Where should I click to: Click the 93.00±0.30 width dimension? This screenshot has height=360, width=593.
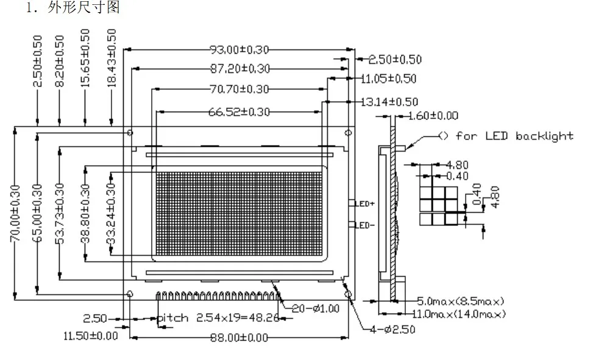pyautogui.click(x=240, y=49)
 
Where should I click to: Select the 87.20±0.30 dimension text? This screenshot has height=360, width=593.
pyautogui.click(x=240, y=68)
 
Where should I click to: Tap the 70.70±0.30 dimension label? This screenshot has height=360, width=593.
pyautogui.click(x=240, y=90)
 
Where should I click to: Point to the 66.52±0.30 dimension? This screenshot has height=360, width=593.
pyautogui.click(x=239, y=112)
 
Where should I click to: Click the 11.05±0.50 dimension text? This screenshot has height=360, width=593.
pyautogui.click(x=388, y=79)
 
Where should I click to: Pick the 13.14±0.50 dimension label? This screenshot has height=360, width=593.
pyautogui.click(x=389, y=102)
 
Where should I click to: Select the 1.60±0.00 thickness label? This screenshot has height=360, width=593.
pyautogui.click(x=433, y=115)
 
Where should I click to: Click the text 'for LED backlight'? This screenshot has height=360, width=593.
pyautogui.click(x=514, y=136)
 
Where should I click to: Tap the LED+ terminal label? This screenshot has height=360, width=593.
pyautogui.click(x=365, y=204)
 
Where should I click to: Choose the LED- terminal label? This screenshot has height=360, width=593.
pyautogui.click(x=364, y=225)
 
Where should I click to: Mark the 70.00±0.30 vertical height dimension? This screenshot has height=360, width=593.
pyautogui.click(x=15, y=213)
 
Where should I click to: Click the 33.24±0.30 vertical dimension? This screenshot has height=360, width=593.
pyautogui.click(x=111, y=213)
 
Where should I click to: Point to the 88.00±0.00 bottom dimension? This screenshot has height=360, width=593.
pyautogui.click(x=239, y=337)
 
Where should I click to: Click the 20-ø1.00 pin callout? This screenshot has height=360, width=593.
pyautogui.click(x=316, y=309)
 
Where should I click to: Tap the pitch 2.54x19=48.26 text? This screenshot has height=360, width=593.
pyautogui.click(x=218, y=317)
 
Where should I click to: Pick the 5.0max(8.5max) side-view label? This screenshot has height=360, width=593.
pyautogui.click(x=461, y=302)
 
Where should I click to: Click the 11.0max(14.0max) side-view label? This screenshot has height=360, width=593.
pyautogui.click(x=459, y=314)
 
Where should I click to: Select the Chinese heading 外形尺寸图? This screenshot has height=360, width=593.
pyautogui.click(x=83, y=7)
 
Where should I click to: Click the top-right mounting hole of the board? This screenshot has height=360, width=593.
pyautogui.click(x=349, y=133)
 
